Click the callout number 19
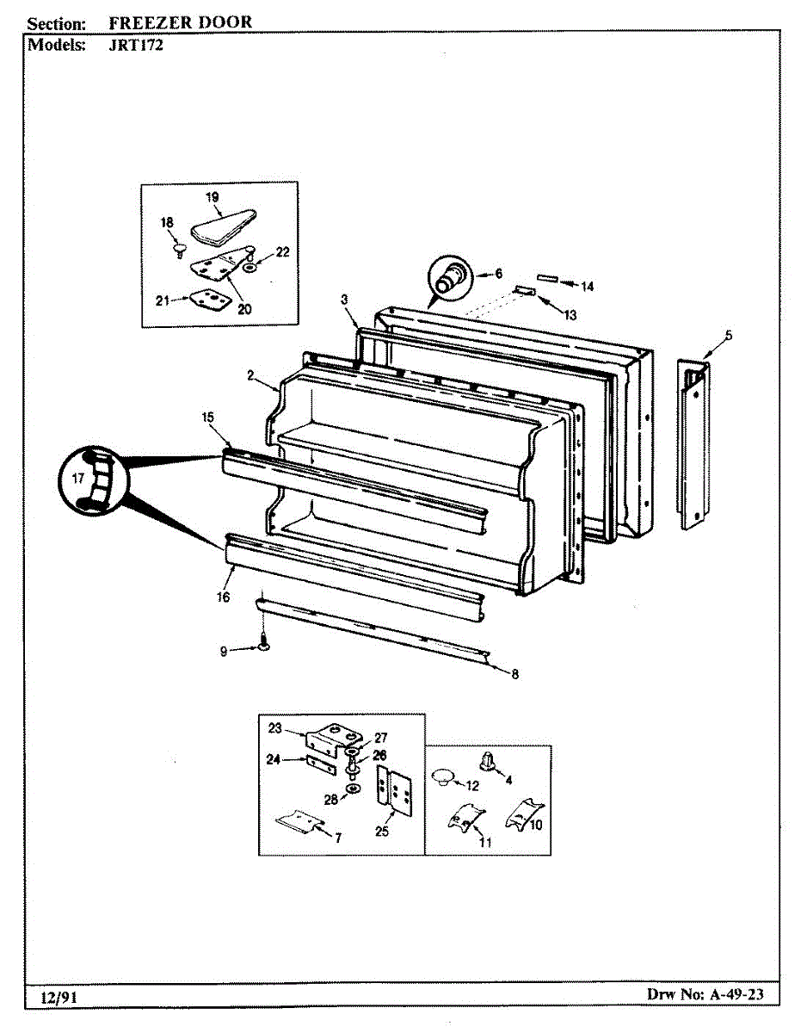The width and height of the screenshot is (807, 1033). tap(213, 197)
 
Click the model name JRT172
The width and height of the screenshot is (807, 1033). tap(138, 46)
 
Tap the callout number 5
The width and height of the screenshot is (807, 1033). tap(728, 335)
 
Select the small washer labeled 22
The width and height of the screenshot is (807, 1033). tap(249, 268)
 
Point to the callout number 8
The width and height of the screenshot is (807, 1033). tap(514, 674)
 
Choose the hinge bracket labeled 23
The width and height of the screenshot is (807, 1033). tap(333, 739)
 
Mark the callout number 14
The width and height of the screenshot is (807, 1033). tap(588, 286)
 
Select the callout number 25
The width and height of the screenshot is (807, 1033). tap(381, 831)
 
